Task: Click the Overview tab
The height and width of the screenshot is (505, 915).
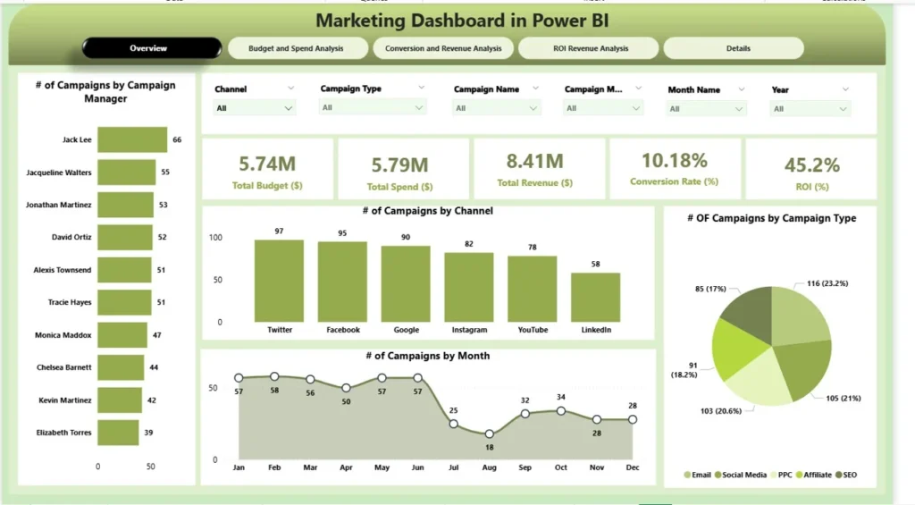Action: [x=148, y=48]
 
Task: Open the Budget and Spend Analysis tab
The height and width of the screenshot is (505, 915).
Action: [x=296, y=48]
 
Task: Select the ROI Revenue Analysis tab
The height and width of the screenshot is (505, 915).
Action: [x=588, y=48]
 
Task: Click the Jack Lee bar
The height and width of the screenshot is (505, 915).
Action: [x=131, y=139]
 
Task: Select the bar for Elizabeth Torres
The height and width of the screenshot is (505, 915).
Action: [x=117, y=433]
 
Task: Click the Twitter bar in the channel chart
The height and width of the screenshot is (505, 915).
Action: [x=279, y=281]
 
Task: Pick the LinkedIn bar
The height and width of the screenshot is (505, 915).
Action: [x=596, y=297]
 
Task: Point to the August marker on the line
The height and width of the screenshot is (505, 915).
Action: [x=489, y=433]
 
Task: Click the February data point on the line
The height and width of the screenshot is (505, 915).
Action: [x=274, y=376]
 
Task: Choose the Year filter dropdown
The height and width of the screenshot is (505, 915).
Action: [x=810, y=109]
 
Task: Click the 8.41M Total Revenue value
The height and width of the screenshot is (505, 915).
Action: [x=534, y=161]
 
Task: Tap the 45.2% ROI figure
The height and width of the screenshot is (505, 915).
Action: [x=811, y=165]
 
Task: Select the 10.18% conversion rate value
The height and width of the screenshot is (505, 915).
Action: [x=675, y=161]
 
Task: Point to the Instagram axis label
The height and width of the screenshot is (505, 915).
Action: [x=469, y=330]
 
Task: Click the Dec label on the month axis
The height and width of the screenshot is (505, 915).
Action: [x=632, y=467]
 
